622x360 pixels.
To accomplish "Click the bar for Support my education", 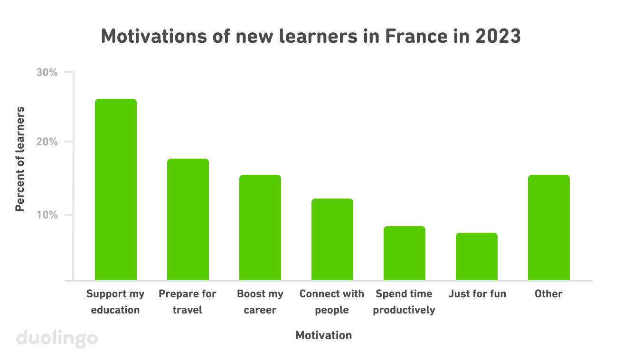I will click(116, 189).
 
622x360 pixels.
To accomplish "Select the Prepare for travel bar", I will click(188, 219).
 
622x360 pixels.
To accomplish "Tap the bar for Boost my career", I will click(260, 227).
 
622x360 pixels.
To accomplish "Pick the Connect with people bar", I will click(332, 239).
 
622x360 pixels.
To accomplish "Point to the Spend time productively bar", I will click(405, 253).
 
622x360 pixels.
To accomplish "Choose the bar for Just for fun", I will click(477, 256).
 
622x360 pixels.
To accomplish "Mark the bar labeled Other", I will click(549, 227).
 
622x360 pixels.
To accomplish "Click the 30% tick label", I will click(47, 73).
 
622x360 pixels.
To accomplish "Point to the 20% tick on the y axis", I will click(47, 142).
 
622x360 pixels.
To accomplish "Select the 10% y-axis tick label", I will click(47, 215).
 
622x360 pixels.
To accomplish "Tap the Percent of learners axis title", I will click(20, 159).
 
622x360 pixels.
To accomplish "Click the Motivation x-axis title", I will click(323, 335).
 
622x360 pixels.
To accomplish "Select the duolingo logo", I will click(57, 339).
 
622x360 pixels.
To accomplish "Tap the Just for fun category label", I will click(477, 294).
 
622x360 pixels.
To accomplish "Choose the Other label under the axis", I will click(548, 294).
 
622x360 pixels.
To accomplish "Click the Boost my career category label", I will click(260, 302).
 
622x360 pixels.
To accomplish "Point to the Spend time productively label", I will click(404, 302).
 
